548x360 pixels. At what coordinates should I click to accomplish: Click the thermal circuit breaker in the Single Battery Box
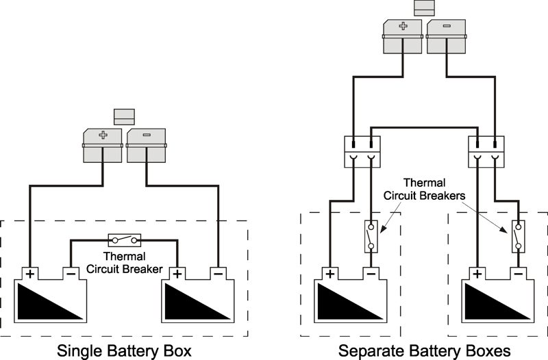[125, 240]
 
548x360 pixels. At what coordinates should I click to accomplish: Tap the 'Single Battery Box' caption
[125, 350]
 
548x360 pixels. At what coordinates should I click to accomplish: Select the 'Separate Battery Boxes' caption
[424, 350]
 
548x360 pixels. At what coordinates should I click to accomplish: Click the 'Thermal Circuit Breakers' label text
[424, 190]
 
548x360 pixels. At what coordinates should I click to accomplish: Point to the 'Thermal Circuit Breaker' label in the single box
[125, 263]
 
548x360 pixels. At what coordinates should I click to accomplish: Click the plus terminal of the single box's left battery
[30, 274]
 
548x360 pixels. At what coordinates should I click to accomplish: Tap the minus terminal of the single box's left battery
[71, 274]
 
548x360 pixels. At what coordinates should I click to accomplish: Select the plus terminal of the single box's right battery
[177, 274]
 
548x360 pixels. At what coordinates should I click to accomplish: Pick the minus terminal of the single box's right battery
[218, 274]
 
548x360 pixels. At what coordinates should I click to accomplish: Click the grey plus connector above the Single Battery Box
[102, 145]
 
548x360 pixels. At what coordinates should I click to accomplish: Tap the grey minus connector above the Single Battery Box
[146, 145]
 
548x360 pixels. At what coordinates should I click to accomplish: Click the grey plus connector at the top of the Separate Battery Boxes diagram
[403, 36]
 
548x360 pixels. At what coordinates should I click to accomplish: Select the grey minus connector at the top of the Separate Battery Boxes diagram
[447, 36]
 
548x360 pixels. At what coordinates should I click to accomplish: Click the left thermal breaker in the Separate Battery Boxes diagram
[371, 236]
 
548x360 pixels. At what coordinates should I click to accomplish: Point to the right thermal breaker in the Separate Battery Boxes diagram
[519, 236]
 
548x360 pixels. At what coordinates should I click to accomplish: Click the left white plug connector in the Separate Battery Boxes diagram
[362, 152]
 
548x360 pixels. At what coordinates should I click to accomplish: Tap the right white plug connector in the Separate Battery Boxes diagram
[486, 152]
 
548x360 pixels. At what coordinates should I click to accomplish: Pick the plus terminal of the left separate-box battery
[330, 274]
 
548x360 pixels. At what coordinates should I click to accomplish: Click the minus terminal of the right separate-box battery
[519, 274]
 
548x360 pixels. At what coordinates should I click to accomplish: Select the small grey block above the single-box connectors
[125, 116]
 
